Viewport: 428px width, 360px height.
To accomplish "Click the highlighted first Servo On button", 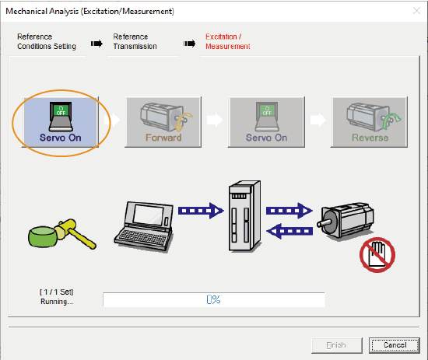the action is click(x=60, y=122).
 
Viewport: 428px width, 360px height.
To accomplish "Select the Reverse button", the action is click(x=369, y=122).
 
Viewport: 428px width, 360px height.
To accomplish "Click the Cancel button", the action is click(x=395, y=345).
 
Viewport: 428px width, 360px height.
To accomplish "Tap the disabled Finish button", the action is click(x=337, y=345).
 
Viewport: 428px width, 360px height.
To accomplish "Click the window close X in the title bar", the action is click(x=416, y=11).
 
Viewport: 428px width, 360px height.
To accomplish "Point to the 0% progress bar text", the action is click(x=213, y=299).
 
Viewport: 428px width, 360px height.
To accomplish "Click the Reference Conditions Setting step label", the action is click(x=47, y=41).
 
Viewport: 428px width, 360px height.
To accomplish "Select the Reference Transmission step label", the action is click(x=135, y=41).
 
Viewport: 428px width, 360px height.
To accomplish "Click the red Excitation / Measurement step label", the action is click(x=228, y=41).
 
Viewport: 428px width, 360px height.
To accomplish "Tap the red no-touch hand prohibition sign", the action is click(x=377, y=255).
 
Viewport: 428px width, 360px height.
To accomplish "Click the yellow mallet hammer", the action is click(x=74, y=232).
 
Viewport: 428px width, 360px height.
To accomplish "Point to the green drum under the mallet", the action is click(x=43, y=237).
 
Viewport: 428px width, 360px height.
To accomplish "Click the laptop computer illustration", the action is click(x=144, y=226).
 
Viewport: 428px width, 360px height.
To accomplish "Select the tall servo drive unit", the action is click(x=244, y=215).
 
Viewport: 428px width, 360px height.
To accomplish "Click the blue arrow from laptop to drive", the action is click(x=201, y=211).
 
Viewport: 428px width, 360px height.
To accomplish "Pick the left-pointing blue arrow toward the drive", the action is click(x=289, y=231).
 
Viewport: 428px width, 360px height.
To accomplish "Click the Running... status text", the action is click(x=57, y=302).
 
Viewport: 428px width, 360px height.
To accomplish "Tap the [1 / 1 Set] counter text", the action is click(x=57, y=292).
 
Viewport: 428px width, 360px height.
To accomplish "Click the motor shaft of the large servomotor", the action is click(x=325, y=222).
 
